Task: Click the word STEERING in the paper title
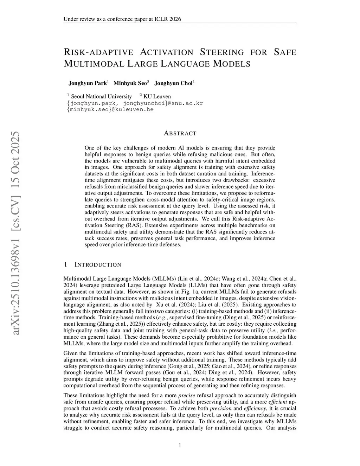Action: pos(221,53)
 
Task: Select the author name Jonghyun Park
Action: pos(87,83)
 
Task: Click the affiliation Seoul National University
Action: pos(101,96)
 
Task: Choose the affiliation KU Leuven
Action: pos(157,96)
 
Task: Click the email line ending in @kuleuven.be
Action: pos(110,109)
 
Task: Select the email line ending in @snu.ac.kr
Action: pos(135,103)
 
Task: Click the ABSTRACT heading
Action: pos(180,134)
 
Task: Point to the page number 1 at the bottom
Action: pos(180,446)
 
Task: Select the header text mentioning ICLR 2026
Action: pos(122,19)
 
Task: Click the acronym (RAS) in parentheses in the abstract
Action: pos(133,225)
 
